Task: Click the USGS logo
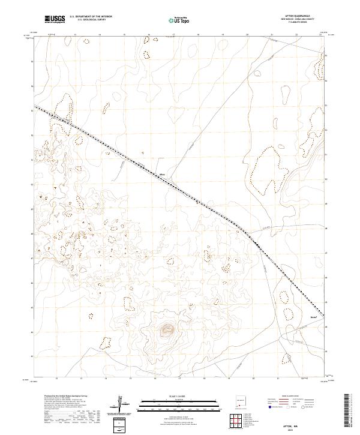[x=55, y=20]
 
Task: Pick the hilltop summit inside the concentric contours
[x=166, y=328]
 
